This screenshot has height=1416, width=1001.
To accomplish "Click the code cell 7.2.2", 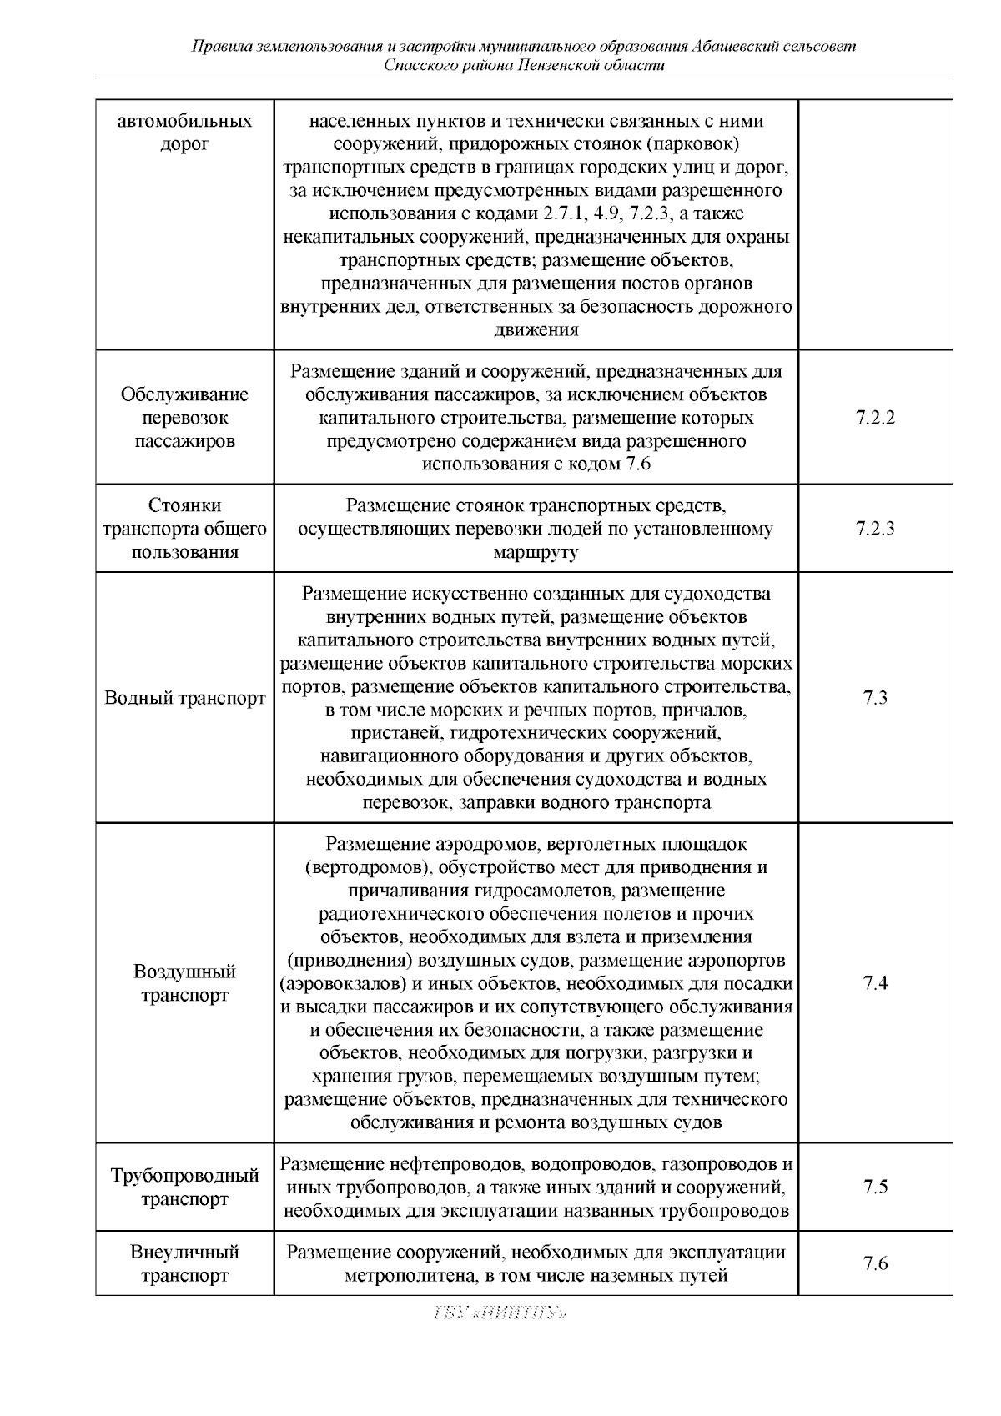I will [x=875, y=418].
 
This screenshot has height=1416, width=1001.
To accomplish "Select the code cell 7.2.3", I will [x=875, y=529].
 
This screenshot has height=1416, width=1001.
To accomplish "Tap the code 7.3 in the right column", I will [x=875, y=698].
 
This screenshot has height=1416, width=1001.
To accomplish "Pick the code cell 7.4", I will [x=875, y=983].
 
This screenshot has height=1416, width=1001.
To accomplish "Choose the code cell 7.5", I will [x=875, y=1187].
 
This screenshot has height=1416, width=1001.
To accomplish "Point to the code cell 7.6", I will [x=875, y=1263].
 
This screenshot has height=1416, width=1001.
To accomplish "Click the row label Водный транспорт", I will [x=184, y=698].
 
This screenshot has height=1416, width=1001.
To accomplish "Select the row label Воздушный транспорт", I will [x=184, y=983].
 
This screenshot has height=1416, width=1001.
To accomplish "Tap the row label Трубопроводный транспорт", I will [x=184, y=1188].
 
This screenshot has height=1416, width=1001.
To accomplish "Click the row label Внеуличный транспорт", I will [x=184, y=1263].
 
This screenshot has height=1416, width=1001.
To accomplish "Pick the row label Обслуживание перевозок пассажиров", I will [x=184, y=418].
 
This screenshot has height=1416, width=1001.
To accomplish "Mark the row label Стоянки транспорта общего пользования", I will [x=184, y=529].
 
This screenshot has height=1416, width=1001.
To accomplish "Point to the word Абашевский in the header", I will [x=737, y=47].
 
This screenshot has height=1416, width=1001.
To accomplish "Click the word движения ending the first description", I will [x=536, y=330].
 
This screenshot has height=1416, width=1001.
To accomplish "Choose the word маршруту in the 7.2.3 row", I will [x=536, y=552].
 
